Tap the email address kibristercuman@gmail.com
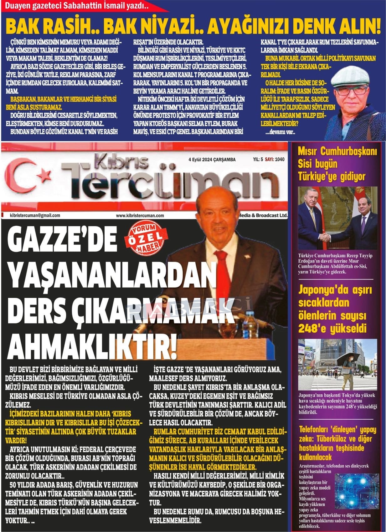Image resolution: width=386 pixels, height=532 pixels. (35, 215)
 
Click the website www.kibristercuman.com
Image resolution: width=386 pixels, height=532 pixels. (140, 215)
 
